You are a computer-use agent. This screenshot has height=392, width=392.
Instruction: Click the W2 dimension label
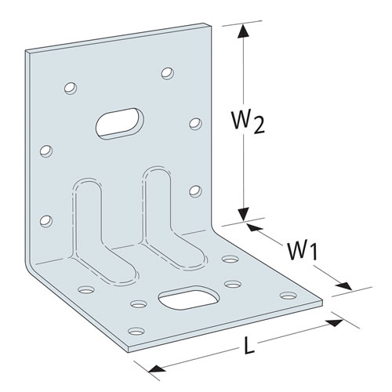click(x=248, y=122)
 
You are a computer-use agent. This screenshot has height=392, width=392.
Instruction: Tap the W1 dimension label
click(x=303, y=251)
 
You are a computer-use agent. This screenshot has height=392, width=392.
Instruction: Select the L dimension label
click(x=249, y=345)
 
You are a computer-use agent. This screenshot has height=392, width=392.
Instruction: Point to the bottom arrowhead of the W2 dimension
click(x=244, y=215)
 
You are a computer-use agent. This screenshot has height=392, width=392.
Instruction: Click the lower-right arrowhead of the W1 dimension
click(x=344, y=285)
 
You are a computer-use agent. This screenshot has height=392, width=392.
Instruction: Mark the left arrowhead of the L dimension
click(x=157, y=368)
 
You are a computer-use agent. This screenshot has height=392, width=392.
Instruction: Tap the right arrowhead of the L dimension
click(x=334, y=322)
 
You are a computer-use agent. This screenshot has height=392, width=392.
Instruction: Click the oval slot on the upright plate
click(x=120, y=123)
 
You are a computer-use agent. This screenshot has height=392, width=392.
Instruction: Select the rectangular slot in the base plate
click(x=189, y=298)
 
